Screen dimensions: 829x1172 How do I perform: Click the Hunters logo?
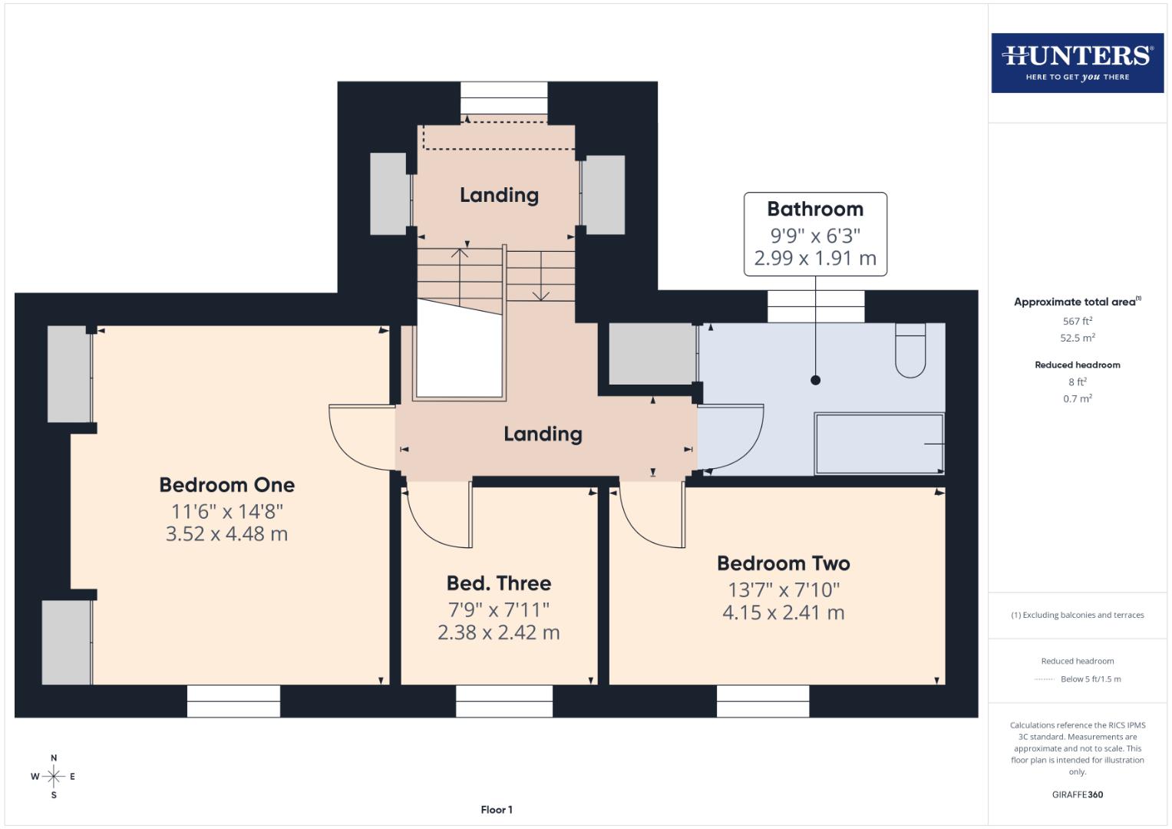point(1077,62)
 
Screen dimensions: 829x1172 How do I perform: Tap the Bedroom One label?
point(226,485)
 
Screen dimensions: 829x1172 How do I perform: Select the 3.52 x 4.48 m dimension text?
point(226,534)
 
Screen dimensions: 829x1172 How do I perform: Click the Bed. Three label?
point(499,583)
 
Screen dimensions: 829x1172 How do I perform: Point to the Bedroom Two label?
point(783,563)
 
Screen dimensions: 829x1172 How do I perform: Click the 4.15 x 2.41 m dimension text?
point(783,613)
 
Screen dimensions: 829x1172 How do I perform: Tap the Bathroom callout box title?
point(815,209)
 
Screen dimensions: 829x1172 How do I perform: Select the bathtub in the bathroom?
point(879,444)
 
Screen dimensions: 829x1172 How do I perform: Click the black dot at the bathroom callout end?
point(815,380)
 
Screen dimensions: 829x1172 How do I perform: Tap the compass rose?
point(54,776)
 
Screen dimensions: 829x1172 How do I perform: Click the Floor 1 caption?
point(497,810)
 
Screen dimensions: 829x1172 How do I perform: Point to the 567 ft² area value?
point(1077,321)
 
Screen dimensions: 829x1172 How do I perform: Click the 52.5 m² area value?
point(1077,338)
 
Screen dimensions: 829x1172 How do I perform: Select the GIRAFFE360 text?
point(1077,794)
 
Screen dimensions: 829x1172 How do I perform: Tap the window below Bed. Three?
point(503,701)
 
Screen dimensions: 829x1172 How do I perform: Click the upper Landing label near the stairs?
point(499,195)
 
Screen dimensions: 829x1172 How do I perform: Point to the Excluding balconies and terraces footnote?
point(1077,615)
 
